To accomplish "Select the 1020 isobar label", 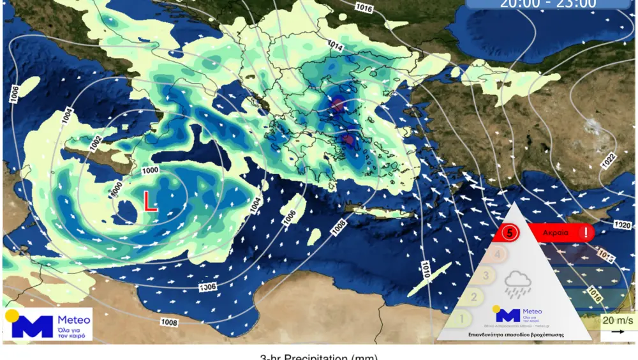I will pyautogui.click(x=621, y=225).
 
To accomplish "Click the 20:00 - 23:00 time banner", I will pyautogui.click(x=548, y=3).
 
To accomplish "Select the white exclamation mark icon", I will pyautogui.click(x=584, y=233).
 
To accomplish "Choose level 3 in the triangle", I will pyautogui.click(x=486, y=276).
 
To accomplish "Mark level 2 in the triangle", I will pyautogui.click(x=473, y=297).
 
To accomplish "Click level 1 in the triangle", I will pyautogui.click(x=462, y=317).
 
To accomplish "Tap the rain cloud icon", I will pyautogui.click(x=517, y=283).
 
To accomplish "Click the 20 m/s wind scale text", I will pyautogui.click(x=618, y=320).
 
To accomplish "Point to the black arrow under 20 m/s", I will pyautogui.click(x=618, y=332).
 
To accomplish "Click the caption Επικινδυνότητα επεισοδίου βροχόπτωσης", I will pyautogui.click(x=512, y=334).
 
